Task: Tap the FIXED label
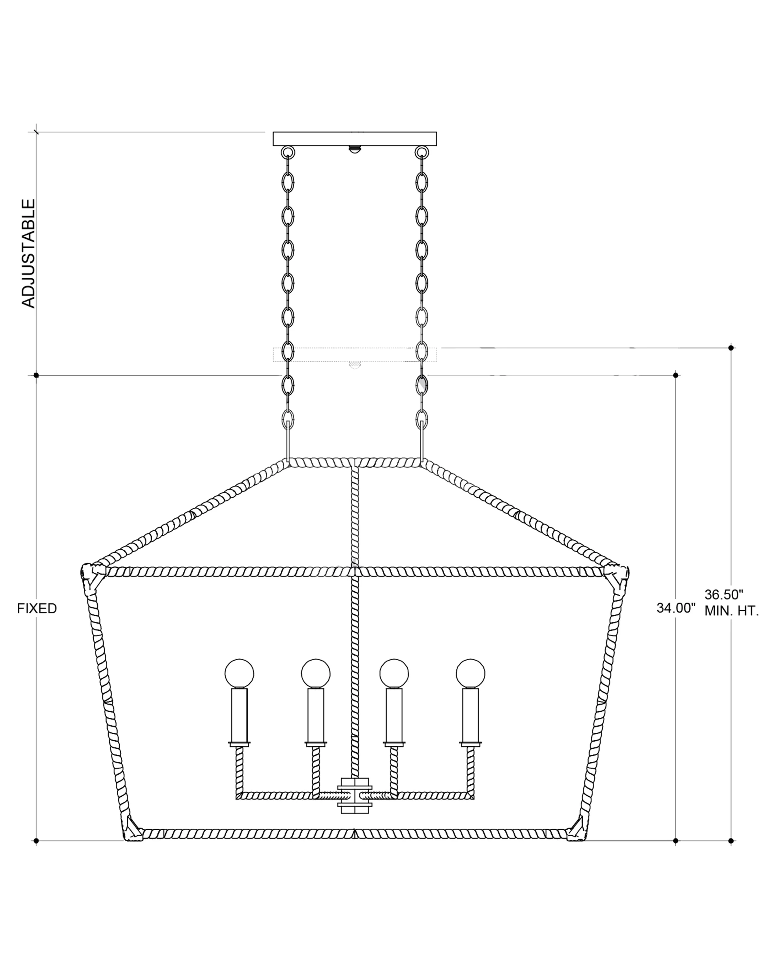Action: pyautogui.click(x=37, y=609)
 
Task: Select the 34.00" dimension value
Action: pyautogui.click(x=676, y=608)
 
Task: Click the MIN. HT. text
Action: pyautogui.click(x=731, y=611)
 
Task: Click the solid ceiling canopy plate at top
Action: pyautogui.click(x=354, y=139)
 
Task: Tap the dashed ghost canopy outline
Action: pyautogui.click(x=354, y=354)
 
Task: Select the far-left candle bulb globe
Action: pyautogui.click(x=239, y=674)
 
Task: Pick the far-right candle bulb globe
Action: pyautogui.click(x=470, y=674)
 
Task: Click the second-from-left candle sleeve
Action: pyautogui.click(x=316, y=715)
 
